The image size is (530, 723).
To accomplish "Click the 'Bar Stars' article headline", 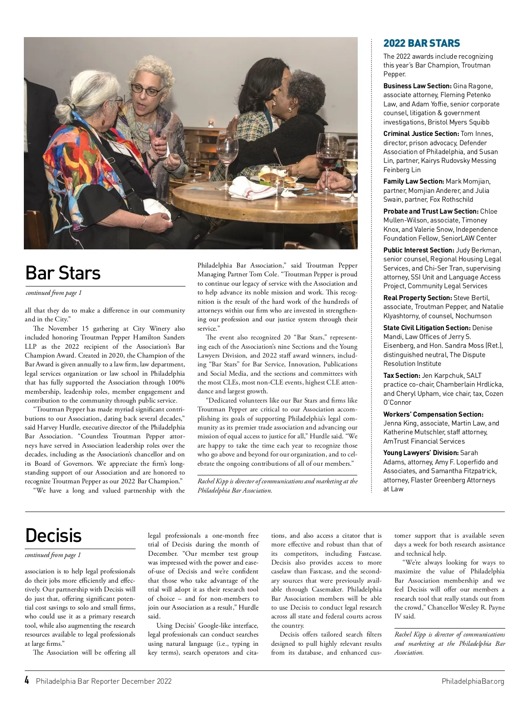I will pos(63,273).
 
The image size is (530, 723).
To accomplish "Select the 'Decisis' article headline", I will pos(53,535).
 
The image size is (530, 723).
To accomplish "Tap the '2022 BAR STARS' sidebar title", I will pos(421,43).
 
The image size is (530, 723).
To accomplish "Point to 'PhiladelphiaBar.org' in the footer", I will pos(473,681).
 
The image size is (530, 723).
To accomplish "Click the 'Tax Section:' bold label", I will pos(401,376).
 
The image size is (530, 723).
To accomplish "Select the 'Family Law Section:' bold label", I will pos(413,181).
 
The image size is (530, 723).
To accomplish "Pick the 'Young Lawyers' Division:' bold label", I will pos(420,453).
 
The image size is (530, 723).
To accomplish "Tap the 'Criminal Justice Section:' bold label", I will pos(421,134).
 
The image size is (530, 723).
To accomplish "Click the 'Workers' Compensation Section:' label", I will pos(433,414).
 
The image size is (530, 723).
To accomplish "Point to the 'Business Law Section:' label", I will pos(417,86).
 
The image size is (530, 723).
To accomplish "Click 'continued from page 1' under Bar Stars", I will pos(53,293).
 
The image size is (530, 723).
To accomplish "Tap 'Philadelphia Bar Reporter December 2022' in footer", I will pos(104,681).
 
